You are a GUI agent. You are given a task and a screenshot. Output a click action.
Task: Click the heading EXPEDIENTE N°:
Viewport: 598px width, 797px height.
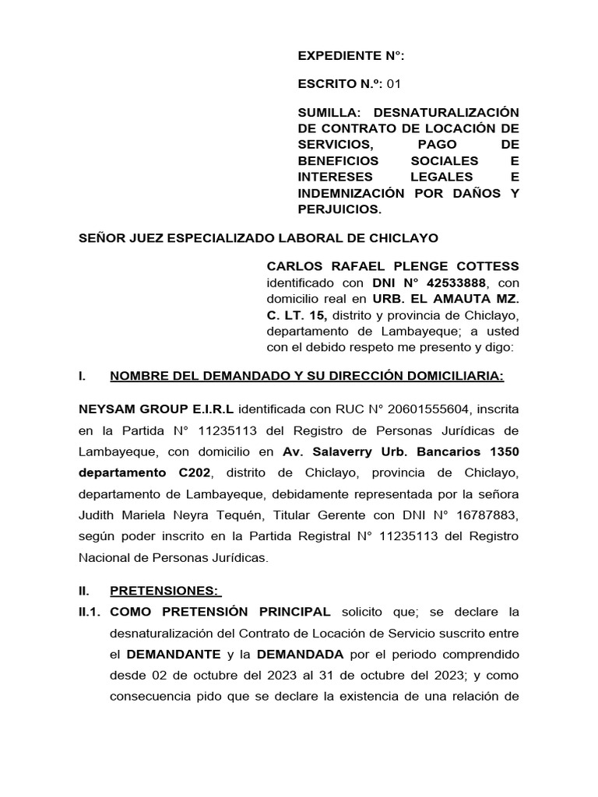coord(351,56)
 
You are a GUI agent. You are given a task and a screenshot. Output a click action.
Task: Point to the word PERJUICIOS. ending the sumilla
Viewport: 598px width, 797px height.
coord(340,209)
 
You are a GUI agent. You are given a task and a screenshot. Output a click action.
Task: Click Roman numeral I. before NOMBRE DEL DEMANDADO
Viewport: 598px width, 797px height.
coord(83,377)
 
